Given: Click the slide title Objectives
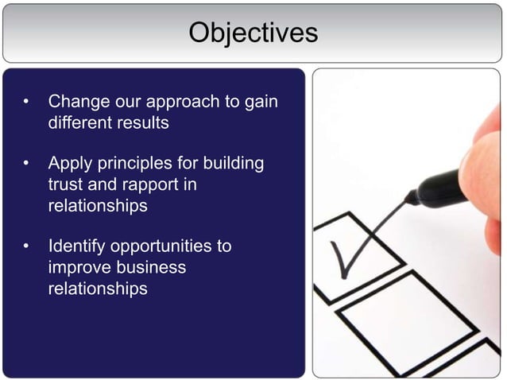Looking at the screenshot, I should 253,33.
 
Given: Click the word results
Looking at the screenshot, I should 141,123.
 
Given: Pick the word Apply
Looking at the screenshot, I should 70,165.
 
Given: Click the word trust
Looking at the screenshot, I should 65,184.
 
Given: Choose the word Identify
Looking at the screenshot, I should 80,246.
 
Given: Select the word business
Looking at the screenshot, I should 151,267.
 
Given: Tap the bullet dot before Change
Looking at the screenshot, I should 26,103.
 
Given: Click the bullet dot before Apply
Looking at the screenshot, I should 26,165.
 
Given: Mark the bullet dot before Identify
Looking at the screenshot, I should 26,247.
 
